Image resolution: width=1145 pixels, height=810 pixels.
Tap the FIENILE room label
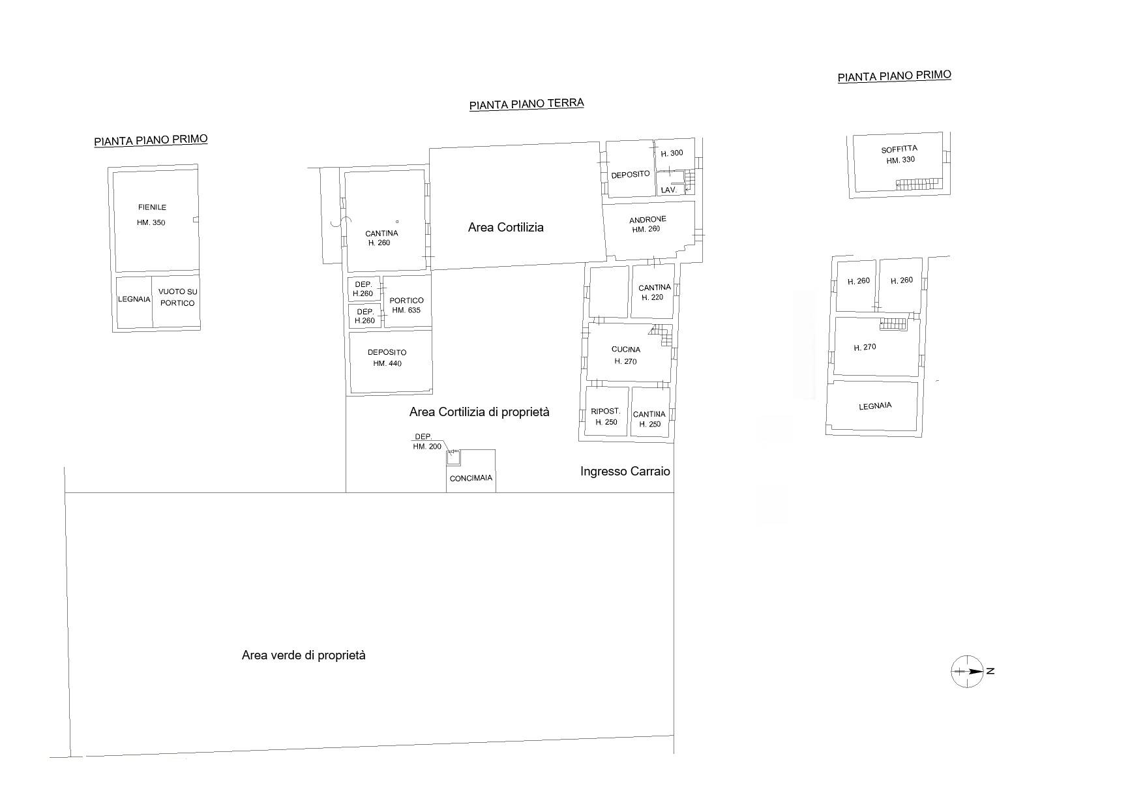click(x=152, y=207)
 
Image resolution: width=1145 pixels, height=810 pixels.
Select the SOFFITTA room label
click(x=899, y=149)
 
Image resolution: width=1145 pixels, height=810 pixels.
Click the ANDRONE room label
click(x=647, y=220)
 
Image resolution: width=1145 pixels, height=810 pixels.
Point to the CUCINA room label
click(x=626, y=350)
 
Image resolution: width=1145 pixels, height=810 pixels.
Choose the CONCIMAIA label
click(x=471, y=478)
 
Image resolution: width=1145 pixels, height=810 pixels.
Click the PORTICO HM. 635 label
click(x=406, y=305)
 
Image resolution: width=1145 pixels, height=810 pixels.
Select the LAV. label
click(x=669, y=190)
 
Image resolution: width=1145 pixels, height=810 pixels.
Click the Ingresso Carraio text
click(x=625, y=471)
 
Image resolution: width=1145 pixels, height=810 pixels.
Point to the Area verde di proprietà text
click(x=304, y=655)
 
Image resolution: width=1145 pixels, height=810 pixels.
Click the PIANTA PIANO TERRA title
click(x=527, y=104)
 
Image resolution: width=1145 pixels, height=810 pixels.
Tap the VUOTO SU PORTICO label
click(x=177, y=297)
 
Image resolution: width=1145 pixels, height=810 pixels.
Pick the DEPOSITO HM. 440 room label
click(x=387, y=358)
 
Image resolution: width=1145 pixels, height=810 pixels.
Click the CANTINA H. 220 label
click(x=654, y=292)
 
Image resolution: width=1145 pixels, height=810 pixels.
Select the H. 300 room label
click(x=672, y=154)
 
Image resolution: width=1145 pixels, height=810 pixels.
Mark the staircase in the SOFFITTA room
click(x=919, y=184)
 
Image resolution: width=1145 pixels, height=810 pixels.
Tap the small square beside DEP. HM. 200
click(x=454, y=458)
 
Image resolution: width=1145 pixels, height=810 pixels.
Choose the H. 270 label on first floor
click(x=865, y=348)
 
